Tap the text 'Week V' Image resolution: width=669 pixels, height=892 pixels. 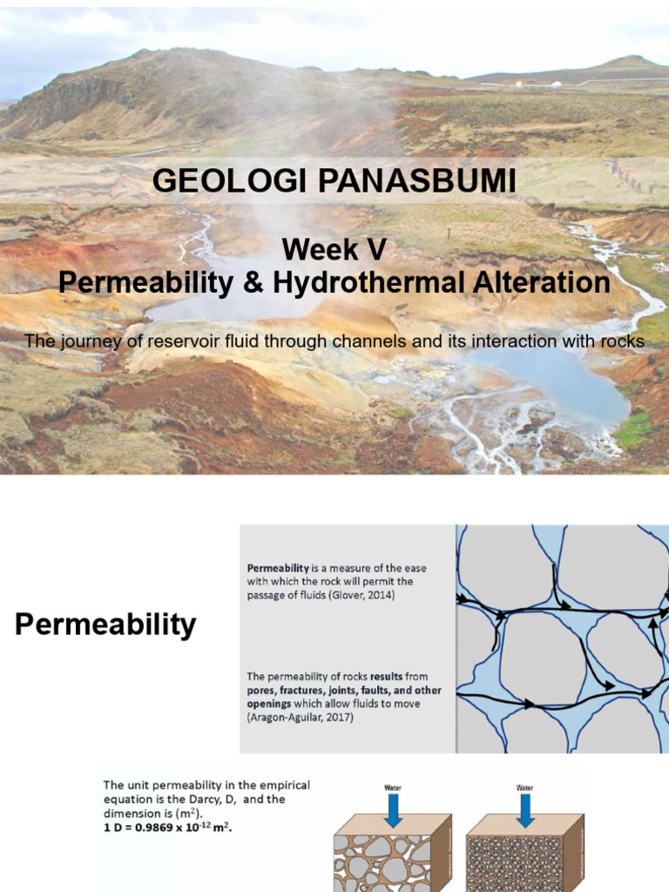334,250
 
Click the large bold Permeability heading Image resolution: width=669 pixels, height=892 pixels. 105,625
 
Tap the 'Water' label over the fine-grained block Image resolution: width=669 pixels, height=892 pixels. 524,787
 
